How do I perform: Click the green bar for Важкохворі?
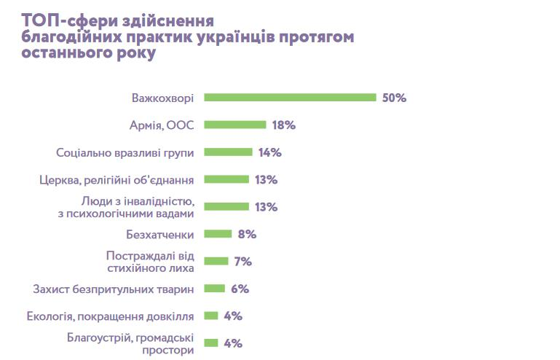[290, 98]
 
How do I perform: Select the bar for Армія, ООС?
[234, 125]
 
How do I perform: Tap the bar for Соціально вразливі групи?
[228, 152]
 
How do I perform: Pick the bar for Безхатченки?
[218, 234]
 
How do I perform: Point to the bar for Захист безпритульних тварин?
[214, 289]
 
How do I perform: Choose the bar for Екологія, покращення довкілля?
[211, 316]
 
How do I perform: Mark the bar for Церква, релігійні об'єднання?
[226, 179]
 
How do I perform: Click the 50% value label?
[394, 98]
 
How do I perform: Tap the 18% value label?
[283, 125]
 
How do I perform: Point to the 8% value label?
[247, 234]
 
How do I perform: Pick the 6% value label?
[240, 289]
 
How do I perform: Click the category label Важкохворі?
[162, 98]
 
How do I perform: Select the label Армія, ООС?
[161, 125]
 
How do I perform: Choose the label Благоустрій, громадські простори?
[130, 343]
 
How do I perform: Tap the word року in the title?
[135, 54]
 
